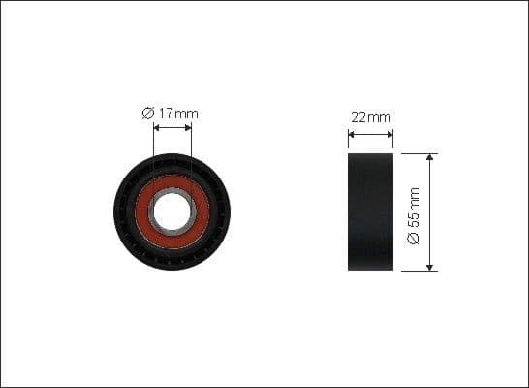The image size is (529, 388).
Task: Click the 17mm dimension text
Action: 179,113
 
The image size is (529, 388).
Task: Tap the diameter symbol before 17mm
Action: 148,113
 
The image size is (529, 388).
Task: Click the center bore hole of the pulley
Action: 172,211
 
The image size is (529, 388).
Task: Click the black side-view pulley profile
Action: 370,211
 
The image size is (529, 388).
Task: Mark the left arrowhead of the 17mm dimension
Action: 156,127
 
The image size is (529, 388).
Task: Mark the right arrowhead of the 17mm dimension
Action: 189,127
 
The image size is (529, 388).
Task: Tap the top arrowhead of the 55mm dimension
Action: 430,157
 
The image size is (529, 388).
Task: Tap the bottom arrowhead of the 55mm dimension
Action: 430,267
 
